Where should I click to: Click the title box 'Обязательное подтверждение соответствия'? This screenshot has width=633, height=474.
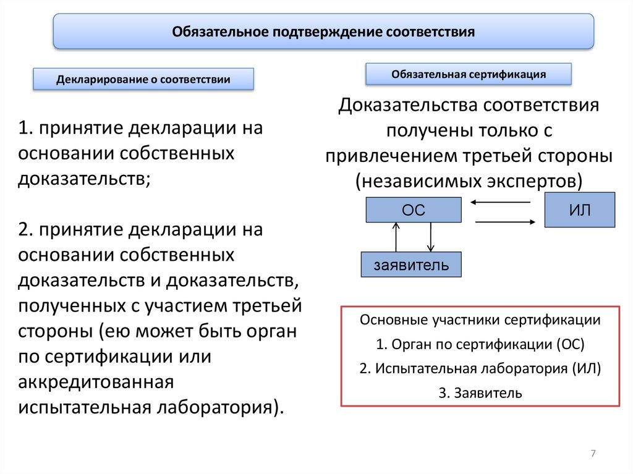tap(323, 31)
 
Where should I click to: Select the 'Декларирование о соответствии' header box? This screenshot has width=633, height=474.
tap(143, 79)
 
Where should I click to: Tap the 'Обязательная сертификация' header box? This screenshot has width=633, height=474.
tap(468, 74)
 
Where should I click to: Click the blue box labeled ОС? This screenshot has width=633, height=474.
tap(414, 210)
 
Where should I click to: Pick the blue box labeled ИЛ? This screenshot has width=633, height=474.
tap(580, 210)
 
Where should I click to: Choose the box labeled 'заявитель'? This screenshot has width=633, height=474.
tap(411, 265)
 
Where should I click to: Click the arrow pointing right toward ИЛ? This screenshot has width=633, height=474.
tap(504, 222)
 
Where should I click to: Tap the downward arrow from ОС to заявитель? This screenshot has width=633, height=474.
tap(431, 237)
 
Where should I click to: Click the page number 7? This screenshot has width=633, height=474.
tap(593, 454)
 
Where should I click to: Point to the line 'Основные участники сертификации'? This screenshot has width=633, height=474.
tap(480, 321)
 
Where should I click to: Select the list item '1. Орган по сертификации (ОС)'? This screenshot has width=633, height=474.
tap(480, 345)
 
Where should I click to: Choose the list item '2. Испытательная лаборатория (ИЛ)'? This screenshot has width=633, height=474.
tap(480, 369)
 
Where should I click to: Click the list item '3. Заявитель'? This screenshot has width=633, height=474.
tap(480, 392)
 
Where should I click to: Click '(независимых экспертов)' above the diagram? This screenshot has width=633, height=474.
tap(469, 180)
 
